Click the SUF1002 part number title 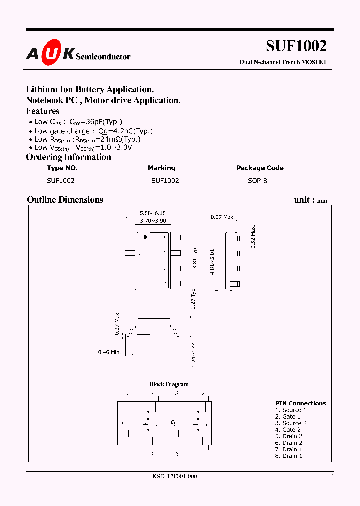(x=296, y=46)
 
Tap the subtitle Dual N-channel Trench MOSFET (x=283, y=62)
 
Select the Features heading (x=43, y=111)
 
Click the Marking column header (x=161, y=168)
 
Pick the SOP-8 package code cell (x=257, y=181)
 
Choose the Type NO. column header (x=62, y=168)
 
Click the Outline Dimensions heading (x=65, y=200)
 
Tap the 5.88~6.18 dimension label (x=153, y=213)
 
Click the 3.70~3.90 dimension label (x=153, y=220)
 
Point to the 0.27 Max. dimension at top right (x=222, y=217)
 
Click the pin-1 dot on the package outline (x=145, y=237)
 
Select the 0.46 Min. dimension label (x=109, y=352)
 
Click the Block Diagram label (x=169, y=384)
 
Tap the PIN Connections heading (x=300, y=403)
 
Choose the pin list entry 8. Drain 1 (x=289, y=456)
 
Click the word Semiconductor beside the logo (x=103, y=57)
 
